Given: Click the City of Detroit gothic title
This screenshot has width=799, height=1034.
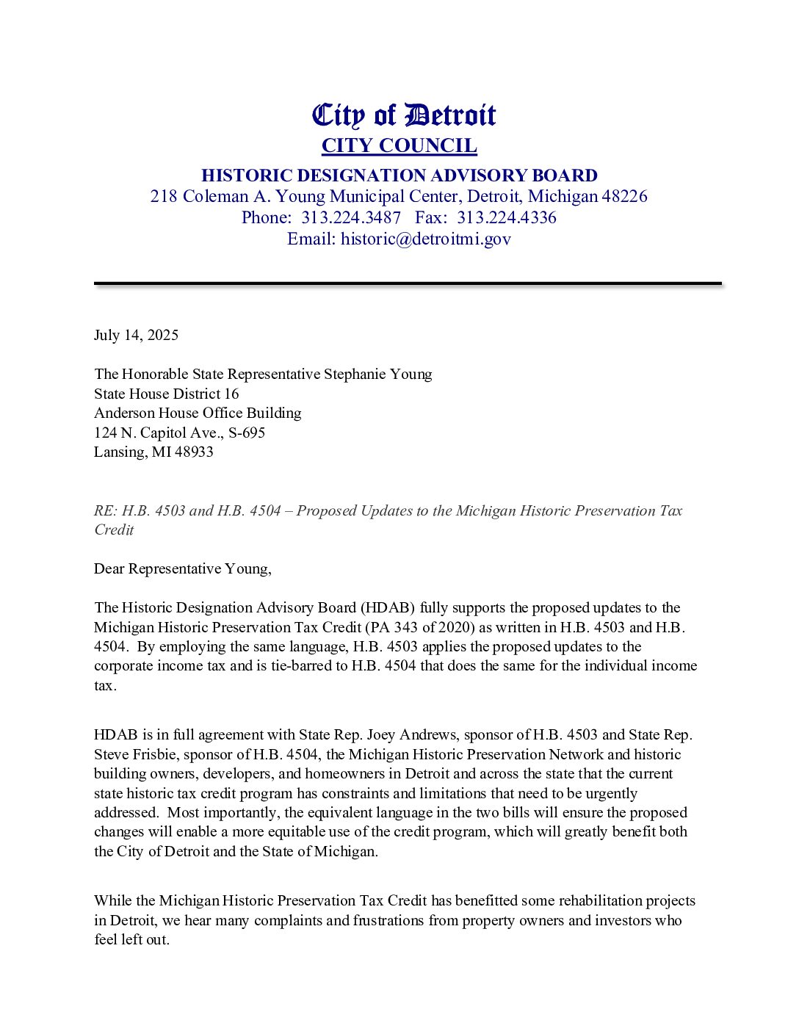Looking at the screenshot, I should click(x=404, y=115).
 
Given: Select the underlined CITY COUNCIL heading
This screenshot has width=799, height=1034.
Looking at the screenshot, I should click(x=399, y=145).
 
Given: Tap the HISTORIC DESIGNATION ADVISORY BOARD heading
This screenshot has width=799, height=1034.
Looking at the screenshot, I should click(x=399, y=176).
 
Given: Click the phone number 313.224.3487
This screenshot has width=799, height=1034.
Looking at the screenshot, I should click(x=351, y=217).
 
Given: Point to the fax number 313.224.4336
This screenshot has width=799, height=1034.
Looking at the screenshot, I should click(x=507, y=217).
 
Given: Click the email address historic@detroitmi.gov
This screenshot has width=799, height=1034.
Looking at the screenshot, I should click(x=426, y=239).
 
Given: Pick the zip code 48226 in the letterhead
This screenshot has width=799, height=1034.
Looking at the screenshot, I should click(x=624, y=196).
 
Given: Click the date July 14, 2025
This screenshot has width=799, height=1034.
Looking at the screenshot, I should click(x=136, y=335).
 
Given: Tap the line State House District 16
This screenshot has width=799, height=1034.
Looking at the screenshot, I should click(x=166, y=394).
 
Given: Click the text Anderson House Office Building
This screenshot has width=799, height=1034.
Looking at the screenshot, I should click(x=198, y=413).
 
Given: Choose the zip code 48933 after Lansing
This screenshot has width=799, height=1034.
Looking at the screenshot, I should click(x=194, y=452).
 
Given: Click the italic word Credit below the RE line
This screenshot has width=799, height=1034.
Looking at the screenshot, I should click(x=114, y=529).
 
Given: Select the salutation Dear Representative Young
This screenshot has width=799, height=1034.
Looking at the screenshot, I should click(x=182, y=568).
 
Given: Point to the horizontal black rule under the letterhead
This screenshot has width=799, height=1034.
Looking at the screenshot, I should click(x=408, y=283).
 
